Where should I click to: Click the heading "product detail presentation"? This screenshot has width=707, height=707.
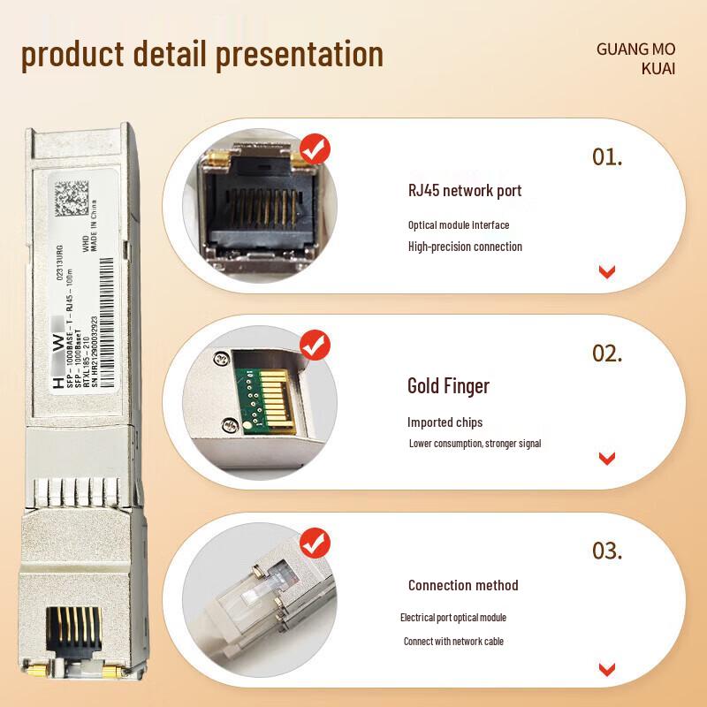tap(202, 54)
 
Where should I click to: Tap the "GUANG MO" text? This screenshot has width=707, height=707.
tap(635, 49)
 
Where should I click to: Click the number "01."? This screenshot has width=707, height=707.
tap(607, 157)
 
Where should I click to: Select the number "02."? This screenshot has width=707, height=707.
tap(607, 353)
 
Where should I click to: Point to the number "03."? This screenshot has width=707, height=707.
tap(607, 551)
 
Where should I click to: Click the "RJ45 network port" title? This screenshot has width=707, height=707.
tap(465, 190)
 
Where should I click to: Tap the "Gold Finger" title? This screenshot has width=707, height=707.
tap(448, 385)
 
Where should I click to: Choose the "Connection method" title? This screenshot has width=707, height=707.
tap(463, 585)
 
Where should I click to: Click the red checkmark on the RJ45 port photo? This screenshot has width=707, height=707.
tap(315, 149)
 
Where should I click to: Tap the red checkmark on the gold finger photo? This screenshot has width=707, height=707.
tap(315, 345)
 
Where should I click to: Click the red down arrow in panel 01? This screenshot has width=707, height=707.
tap(606, 271)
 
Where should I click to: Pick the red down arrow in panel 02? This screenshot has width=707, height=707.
tap(606, 458)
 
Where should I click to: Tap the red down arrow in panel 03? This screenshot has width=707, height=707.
tap(606, 669)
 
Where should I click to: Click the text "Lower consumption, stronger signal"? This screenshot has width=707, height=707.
tap(475, 443)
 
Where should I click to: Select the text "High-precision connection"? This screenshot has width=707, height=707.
tap(465, 247)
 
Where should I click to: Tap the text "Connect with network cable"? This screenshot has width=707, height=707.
tap(453, 641)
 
